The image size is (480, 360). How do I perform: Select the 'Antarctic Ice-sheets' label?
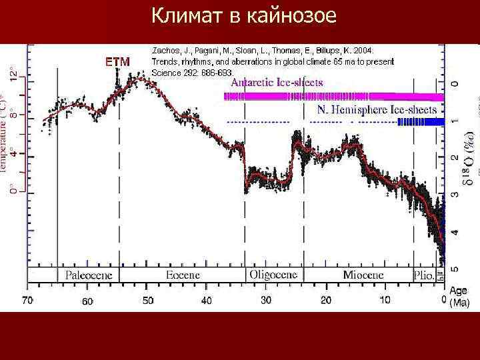click(277, 83)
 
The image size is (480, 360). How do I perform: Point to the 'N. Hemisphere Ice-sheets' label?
click(377, 109)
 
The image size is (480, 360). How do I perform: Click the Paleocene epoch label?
click(89, 275)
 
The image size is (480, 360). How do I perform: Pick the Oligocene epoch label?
click(273, 275)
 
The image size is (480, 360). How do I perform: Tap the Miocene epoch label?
click(363, 275)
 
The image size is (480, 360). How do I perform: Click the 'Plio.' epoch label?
click(425, 275)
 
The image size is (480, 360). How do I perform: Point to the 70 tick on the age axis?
click(27, 301)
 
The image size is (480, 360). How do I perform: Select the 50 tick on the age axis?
click(148, 301)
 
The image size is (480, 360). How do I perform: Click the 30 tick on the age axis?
click(266, 301)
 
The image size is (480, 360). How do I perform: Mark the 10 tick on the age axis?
click(385, 301)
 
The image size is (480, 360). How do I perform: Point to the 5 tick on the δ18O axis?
click(455, 269)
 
